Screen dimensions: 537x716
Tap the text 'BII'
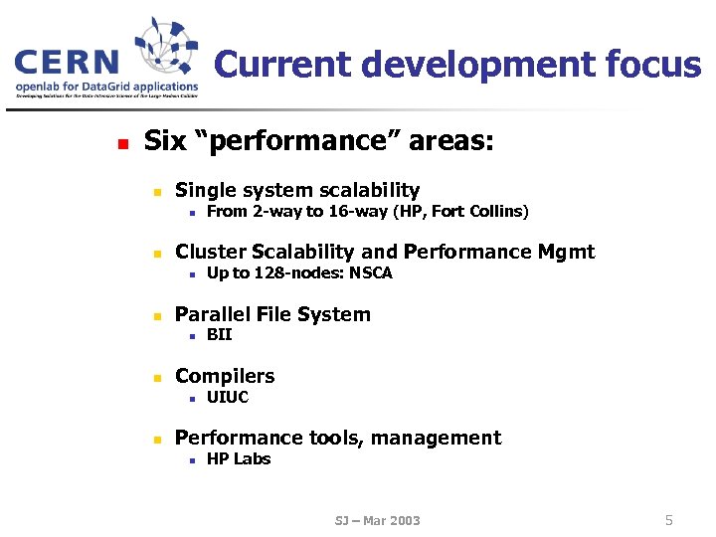point(219,335)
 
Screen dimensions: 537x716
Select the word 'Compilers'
point(225,376)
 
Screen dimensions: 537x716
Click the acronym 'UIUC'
point(228,398)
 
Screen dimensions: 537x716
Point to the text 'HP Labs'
point(239,459)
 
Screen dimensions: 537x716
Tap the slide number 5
point(669,519)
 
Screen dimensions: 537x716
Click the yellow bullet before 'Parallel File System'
point(156,316)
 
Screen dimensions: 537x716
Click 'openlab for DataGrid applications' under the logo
point(106,87)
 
